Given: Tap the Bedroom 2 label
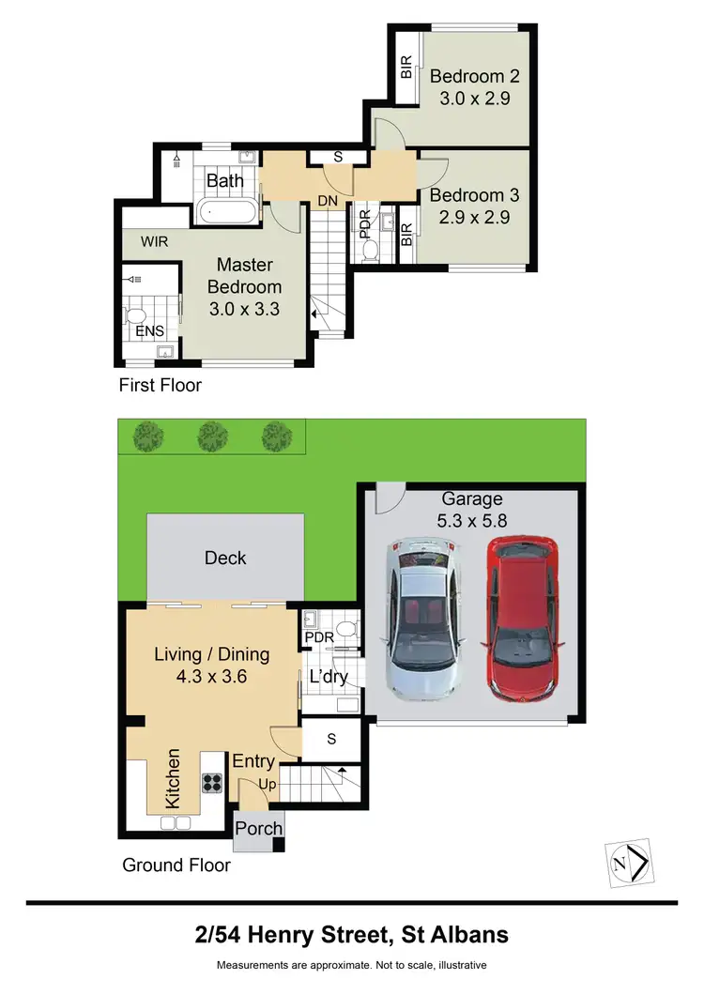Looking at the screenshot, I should (x=474, y=76).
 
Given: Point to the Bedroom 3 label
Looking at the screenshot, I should (x=474, y=196).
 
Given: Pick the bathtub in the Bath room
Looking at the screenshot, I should (x=225, y=211).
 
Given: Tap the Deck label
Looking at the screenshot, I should (x=225, y=559).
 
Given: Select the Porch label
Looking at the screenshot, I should (x=258, y=829).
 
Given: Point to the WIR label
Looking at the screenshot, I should (x=155, y=242).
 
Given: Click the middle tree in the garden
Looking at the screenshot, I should (x=211, y=435).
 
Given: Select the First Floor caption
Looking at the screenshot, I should (x=160, y=386).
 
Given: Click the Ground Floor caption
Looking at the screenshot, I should (x=176, y=865).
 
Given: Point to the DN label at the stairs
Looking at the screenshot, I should (x=328, y=200).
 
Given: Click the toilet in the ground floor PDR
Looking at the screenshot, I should (x=345, y=628).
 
